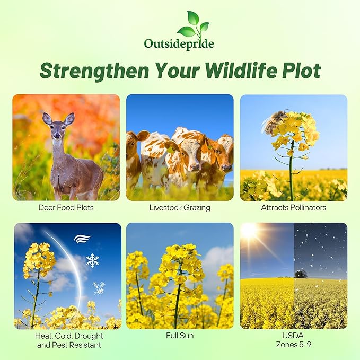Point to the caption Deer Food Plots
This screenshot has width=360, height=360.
(x=66, y=207)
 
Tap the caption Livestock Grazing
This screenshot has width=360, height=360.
(x=180, y=207)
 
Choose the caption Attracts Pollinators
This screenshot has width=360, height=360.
(x=293, y=207)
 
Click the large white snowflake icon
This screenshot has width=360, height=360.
(x=93, y=260)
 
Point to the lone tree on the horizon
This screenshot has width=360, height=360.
(x=301, y=273)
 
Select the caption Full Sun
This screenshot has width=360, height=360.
(x=180, y=336)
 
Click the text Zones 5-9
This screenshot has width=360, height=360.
(x=293, y=345)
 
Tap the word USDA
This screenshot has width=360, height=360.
(x=293, y=336)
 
